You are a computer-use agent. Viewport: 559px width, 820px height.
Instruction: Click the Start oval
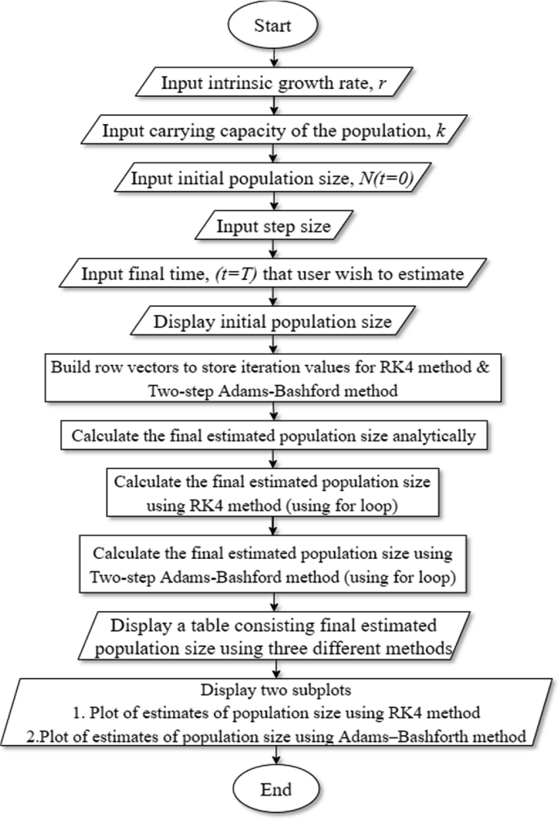[x=279, y=28]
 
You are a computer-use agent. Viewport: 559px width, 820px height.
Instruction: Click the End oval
[x=279, y=790]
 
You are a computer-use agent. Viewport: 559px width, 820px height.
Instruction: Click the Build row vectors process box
[x=279, y=377]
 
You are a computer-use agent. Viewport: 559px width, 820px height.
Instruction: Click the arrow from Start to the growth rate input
[x=279, y=59]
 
